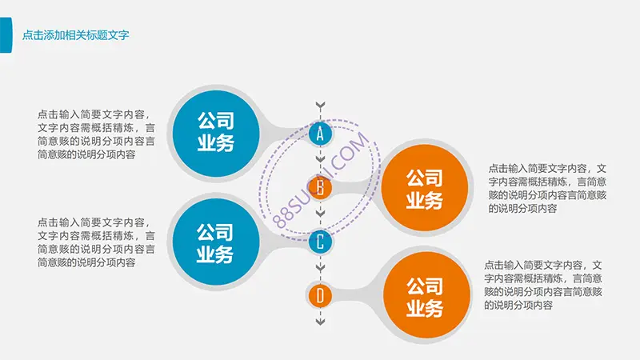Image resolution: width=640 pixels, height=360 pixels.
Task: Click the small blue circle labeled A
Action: [x=320, y=134]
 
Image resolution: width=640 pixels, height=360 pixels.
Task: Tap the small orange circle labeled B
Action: [x=320, y=188]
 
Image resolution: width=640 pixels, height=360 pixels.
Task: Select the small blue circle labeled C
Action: [x=320, y=242]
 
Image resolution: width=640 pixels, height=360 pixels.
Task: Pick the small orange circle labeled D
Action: [x=320, y=295]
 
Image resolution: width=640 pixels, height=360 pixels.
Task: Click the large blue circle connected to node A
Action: [x=216, y=134]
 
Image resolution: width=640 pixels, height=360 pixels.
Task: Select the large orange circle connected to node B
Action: [x=425, y=188]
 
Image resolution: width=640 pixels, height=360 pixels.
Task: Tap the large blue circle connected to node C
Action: [x=216, y=242]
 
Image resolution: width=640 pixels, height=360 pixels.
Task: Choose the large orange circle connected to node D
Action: [x=426, y=295]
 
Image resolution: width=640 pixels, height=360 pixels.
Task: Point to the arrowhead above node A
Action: [x=321, y=106]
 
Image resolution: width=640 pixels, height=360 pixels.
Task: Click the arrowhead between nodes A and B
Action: [x=321, y=159]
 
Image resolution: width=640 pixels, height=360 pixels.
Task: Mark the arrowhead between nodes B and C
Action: [x=321, y=214]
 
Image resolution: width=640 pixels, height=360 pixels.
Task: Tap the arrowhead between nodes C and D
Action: [x=321, y=268]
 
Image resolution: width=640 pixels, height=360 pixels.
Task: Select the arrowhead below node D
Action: [x=321, y=322]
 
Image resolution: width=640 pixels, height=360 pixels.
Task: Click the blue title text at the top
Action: [x=75, y=35]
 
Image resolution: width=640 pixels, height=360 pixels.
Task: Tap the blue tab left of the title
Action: [x=6, y=35]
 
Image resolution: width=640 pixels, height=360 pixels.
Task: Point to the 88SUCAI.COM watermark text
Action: [x=321, y=180]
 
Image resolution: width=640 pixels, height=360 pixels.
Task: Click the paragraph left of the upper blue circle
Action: [x=96, y=134]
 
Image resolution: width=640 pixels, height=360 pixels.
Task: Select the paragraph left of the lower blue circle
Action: [x=96, y=242]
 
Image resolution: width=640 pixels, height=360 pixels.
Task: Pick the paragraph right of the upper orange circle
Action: [x=547, y=188]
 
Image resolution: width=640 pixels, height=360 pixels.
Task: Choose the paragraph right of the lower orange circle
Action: [x=543, y=285]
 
